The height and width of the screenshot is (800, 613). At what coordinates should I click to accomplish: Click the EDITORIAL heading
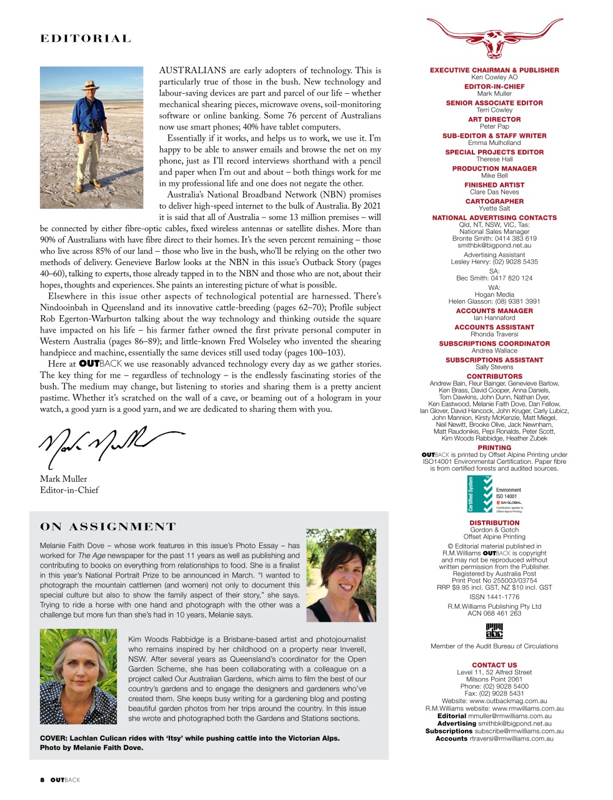coord(86,39)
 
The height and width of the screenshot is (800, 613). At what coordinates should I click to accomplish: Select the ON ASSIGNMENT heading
coord(108,527)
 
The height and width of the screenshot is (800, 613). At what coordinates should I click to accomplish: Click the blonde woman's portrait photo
coord(78,676)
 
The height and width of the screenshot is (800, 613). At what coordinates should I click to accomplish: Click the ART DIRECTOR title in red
coord(494,119)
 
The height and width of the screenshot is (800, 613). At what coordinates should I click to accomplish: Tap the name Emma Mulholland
coord(494,142)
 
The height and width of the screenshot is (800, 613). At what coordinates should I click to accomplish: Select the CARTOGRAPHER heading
coord(494,201)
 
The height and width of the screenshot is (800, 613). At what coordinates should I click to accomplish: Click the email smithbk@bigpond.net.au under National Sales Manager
coord(494,246)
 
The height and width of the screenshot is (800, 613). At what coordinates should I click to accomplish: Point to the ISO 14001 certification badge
coord(494,494)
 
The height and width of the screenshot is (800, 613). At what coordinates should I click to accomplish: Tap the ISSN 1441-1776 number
coord(494,597)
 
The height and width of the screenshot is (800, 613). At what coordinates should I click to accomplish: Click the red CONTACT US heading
coord(494,665)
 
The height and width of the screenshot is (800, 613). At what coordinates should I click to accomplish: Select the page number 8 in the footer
coord(42,780)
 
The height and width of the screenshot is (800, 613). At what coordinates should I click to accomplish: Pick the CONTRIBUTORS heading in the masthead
coord(494,376)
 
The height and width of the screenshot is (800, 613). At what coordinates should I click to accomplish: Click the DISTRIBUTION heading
coord(494,522)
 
